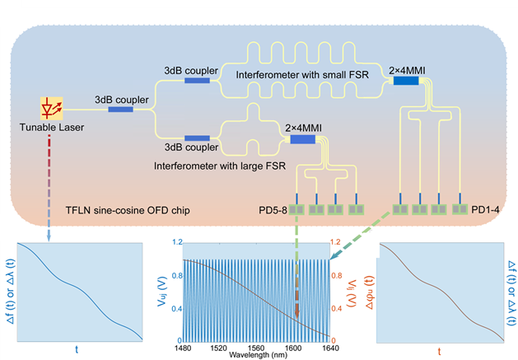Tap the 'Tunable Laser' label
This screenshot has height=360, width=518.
[x=51, y=128]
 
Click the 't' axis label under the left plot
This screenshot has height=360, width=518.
[x=77, y=349]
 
